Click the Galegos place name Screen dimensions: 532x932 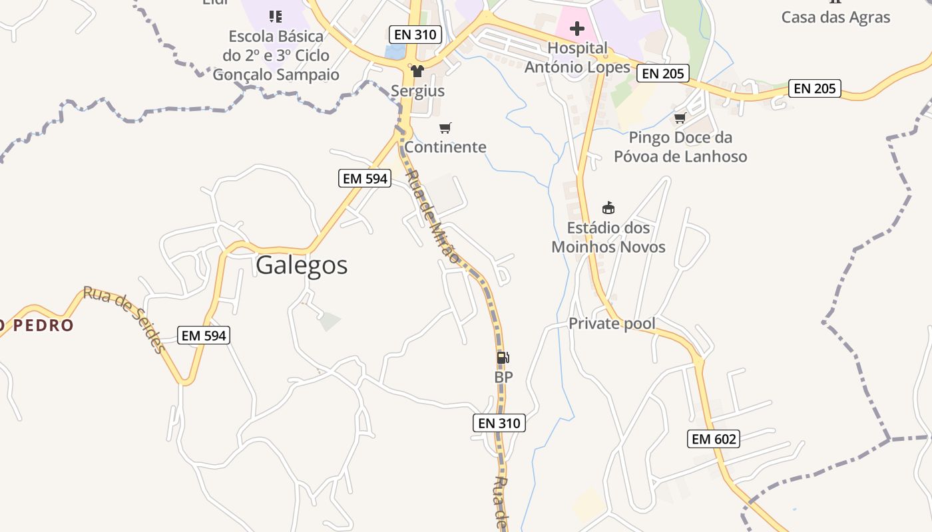(x=302, y=265)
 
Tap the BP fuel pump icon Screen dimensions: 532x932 (x=503, y=358)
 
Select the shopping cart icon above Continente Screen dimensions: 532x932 (x=445, y=128)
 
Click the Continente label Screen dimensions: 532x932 (x=445, y=147)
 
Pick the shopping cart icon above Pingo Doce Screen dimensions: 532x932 (x=680, y=118)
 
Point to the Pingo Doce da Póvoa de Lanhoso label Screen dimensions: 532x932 (x=680, y=147)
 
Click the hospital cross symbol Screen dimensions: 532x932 (x=577, y=29)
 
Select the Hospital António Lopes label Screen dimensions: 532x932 (x=577, y=57)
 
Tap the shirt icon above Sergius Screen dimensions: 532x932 (x=417, y=70)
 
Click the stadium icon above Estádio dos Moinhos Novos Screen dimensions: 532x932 (x=608, y=207)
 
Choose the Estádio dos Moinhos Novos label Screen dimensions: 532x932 (x=608, y=237)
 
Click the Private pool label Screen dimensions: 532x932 (x=612, y=324)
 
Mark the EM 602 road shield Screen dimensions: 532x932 (x=714, y=439)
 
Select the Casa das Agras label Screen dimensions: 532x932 (x=835, y=17)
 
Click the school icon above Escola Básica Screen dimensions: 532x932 (x=275, y=16)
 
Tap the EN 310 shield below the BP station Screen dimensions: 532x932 (x=499, y=423)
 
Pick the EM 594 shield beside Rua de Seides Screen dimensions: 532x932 (x=204, y=336)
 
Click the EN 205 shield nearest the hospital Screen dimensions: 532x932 (x=662, y=73)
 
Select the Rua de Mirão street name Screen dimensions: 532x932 (x=433, y=216)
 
